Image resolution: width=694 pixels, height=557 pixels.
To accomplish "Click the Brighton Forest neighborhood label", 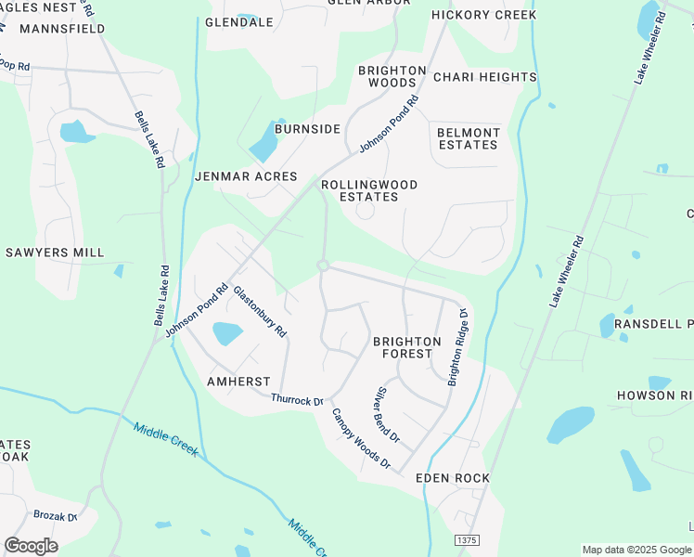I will coord(406,347).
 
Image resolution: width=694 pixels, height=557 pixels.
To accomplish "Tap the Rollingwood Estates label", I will coord(369,190).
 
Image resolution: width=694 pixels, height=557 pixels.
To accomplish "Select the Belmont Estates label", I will coord(468,138).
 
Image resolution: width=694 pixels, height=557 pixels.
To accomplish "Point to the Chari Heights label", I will coord(484,77).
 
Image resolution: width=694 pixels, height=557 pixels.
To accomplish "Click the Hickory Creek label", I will coord(483,15).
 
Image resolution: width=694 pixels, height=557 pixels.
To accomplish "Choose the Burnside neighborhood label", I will coord(307,129).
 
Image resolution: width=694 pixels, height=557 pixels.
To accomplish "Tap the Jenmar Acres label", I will coord(246,176).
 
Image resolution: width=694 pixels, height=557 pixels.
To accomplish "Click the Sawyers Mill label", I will coord(55,253).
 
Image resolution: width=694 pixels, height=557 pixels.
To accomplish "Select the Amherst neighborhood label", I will coord(238,382).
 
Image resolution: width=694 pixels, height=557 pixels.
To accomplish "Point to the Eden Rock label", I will coord(452,478).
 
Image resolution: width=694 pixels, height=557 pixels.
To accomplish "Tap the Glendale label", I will coord(238,22).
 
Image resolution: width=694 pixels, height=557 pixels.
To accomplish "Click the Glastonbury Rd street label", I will coord(261,311).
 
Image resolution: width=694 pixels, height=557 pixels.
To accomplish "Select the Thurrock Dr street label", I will coord(296,400).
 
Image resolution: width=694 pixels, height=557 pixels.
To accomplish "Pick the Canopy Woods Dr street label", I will coord(362,438).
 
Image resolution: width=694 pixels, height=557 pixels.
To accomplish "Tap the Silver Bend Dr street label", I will coord(387,414).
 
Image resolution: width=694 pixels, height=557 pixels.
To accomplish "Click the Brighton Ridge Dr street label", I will coord(458,348).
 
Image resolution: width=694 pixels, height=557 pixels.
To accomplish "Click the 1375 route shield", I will coord(467,539).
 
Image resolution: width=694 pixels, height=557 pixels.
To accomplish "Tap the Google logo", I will coord(31,545).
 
